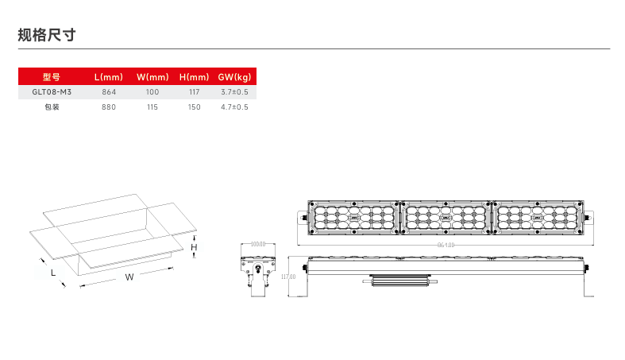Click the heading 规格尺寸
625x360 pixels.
coord(47,35)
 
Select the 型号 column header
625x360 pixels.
coord(52,77)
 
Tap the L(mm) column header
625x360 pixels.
coord(109,77)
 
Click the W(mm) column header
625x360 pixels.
coord(152,77)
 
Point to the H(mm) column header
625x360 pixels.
coord(194,77)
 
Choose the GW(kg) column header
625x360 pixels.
coord(234,77)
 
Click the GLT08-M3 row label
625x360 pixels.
coord(52,92)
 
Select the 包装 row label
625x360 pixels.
coord(52,106)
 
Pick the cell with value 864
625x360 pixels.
coord(109,92)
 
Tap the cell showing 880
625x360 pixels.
coord(109,106)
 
